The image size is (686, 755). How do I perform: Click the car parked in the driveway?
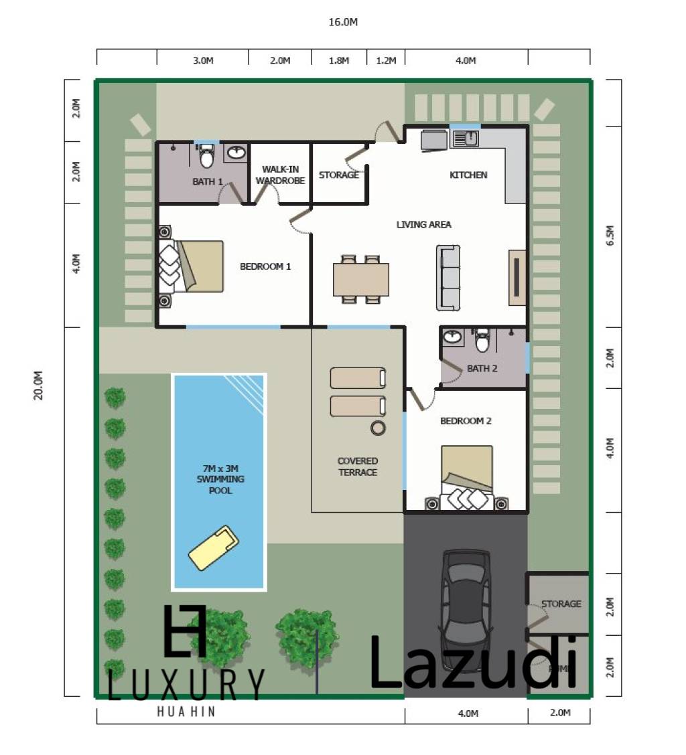(465, 599)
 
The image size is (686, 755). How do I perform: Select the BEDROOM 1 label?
(265, 266)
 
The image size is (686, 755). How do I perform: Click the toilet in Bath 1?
(207, 158)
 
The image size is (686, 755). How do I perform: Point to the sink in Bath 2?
(454, 337)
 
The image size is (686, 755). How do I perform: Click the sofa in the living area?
(448, 277)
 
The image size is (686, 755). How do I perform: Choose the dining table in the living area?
(361, 279)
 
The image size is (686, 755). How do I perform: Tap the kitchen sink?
(466, 139)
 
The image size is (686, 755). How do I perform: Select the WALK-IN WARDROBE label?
(280, 175)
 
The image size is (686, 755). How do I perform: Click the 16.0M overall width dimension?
(343, 22)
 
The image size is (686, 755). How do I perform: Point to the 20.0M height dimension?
(40, 385)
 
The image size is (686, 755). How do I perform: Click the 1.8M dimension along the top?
(339, 60)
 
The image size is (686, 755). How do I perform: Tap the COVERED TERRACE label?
(358, 467)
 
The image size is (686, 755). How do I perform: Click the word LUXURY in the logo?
(186, 683)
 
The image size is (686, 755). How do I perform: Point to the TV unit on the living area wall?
(517, 277)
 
